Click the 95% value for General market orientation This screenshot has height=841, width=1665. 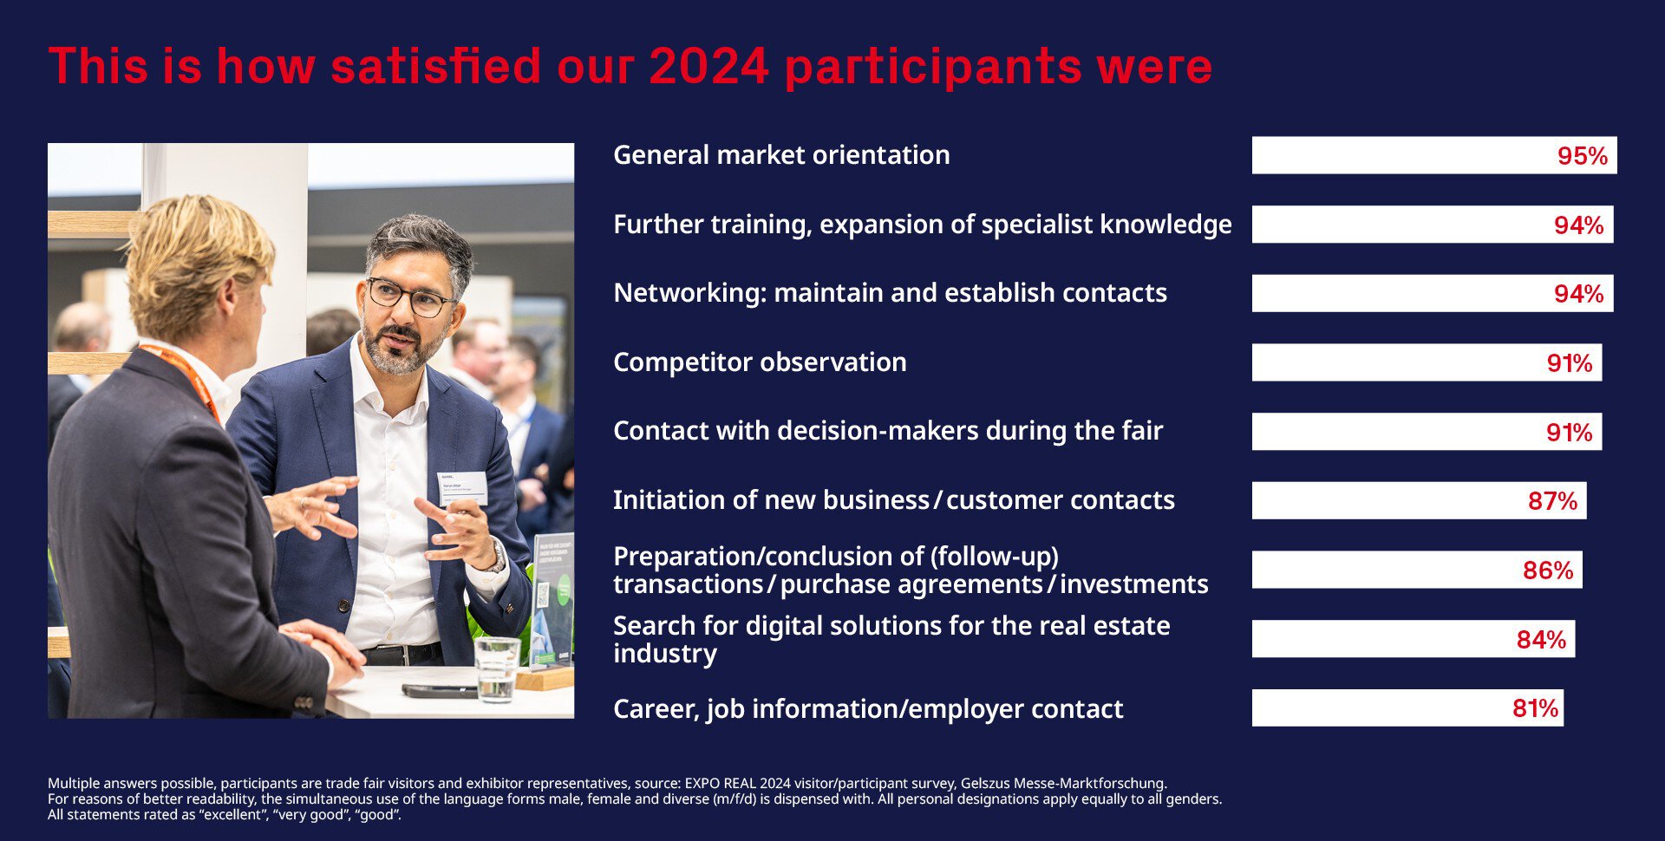click(1583, 156)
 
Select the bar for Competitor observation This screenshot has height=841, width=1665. click(1427, 362)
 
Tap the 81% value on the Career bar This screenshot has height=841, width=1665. click(1535, 708)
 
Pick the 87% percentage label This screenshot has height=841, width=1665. click(1552, 501)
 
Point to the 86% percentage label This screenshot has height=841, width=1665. click(1548, 570)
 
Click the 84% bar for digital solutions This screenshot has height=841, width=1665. click(1414, 639)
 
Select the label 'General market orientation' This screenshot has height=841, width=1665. click(781, 155)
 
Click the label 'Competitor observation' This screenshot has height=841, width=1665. click(760, 362)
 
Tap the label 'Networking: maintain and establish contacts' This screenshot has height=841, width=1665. click(890, 293)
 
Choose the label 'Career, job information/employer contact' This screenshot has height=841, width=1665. click(868, 709)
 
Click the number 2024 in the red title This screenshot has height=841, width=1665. click(708, 67)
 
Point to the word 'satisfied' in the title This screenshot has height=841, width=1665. click(435, 67)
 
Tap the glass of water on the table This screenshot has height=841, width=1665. click(497, 669)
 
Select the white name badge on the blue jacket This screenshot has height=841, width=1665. click(462, 488)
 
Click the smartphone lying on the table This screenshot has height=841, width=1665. click(439, 691)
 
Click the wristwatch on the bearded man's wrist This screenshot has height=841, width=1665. click(498, 557)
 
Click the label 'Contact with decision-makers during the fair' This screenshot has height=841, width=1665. click(888, 431)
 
